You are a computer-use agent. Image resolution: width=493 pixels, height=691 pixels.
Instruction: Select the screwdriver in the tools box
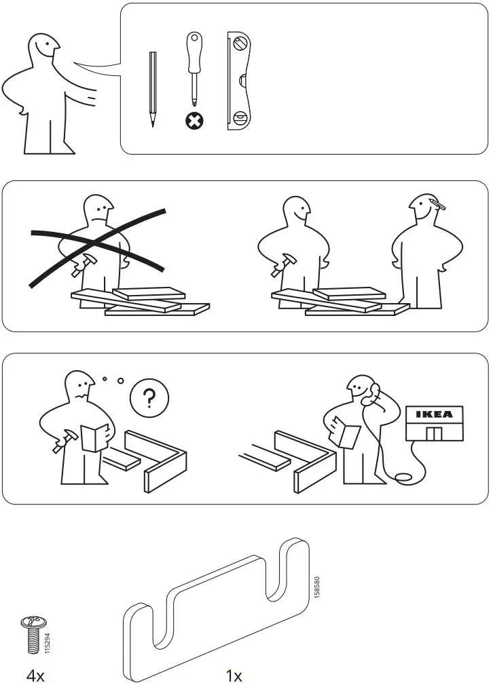coord(193,68)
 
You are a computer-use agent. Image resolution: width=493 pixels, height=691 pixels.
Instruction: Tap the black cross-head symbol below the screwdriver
coord(194,121)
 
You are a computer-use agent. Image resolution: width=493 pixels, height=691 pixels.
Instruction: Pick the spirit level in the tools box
coord(239,79)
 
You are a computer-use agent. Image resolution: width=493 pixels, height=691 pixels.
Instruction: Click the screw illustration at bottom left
coord(32,634)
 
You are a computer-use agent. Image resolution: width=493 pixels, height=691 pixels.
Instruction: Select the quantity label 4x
coord(35,675)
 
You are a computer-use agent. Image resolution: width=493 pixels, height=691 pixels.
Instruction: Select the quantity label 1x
coord(234,675)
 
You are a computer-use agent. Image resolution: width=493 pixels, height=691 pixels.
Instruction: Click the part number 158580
coord(317,587)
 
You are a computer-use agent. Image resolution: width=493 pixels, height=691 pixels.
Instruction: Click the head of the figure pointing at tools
coord(42,53)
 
